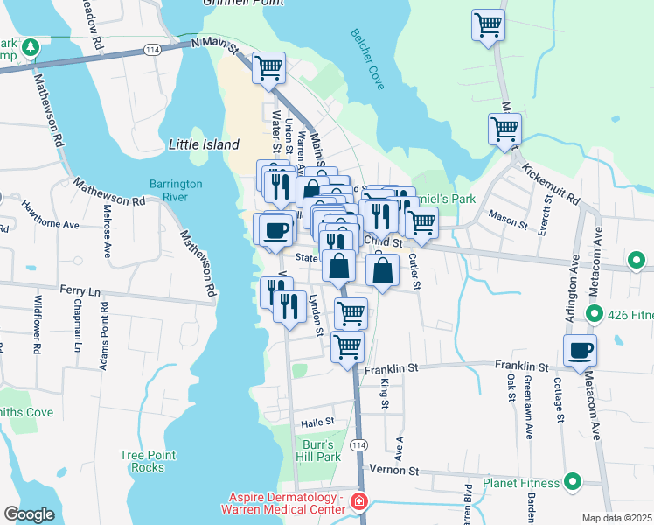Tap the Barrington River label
(175, 191)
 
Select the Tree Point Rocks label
(148, 461)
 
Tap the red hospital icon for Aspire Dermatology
(358, 502)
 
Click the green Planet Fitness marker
(573, 482)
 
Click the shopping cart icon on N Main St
(268, 66)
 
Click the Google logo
(29, 514)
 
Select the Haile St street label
(318, 422)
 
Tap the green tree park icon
(31, 45)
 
